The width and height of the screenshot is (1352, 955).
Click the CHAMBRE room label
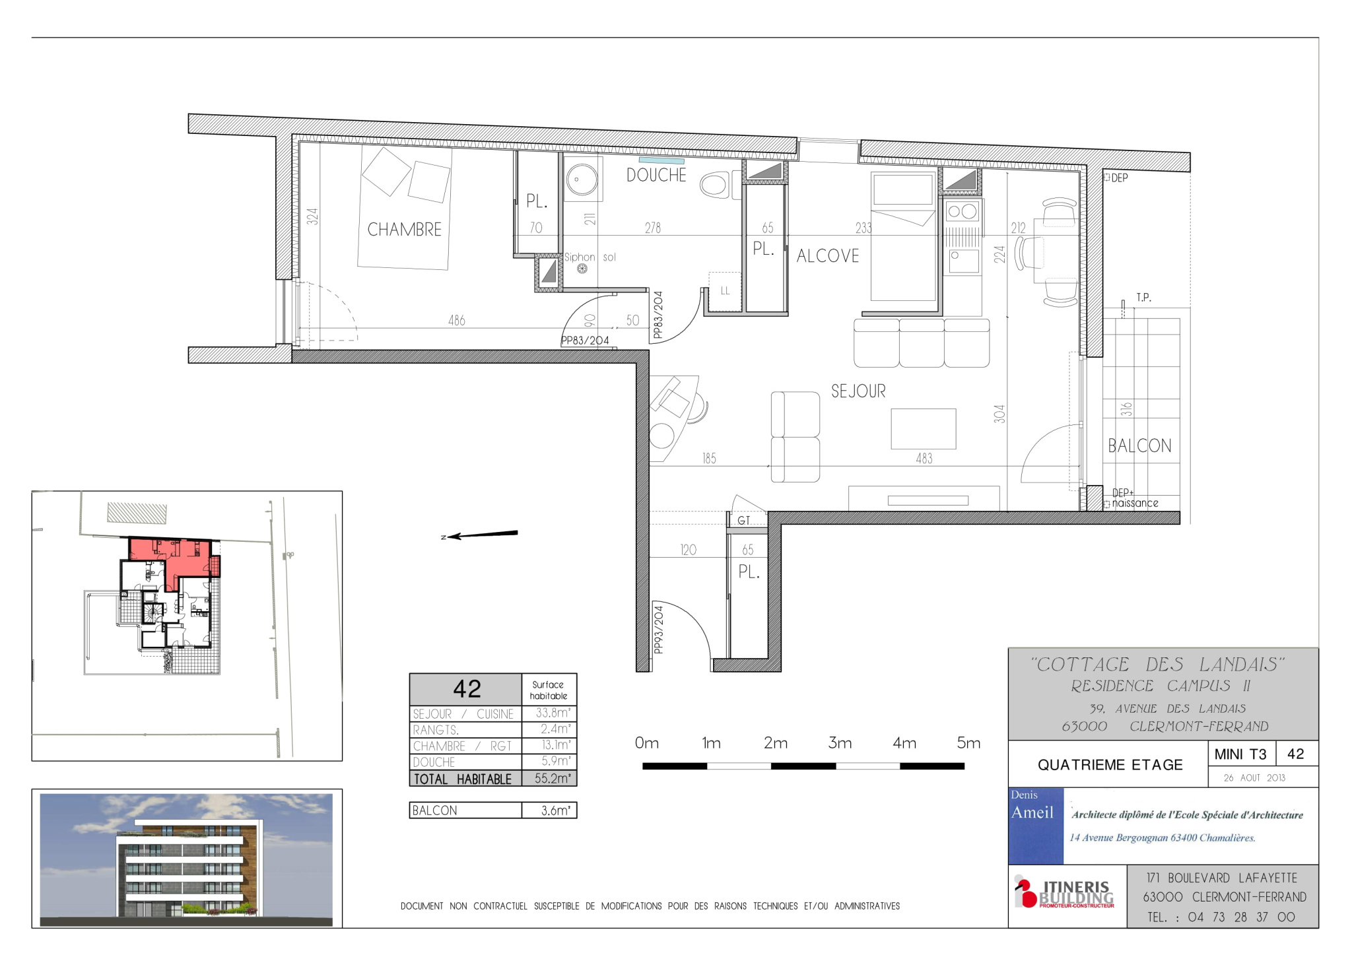(x=404, y=230)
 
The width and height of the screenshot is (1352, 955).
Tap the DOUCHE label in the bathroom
(x=656, y=175)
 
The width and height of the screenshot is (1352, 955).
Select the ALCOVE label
(x=828, y=256)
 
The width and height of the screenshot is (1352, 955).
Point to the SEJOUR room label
(x=858, y=391)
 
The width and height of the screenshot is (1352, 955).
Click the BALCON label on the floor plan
(x=1139, y=446)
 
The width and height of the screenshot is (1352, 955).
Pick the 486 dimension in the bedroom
(x=457, y=321)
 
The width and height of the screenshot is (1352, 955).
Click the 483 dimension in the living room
(x=924, y=459)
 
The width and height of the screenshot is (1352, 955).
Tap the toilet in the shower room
(x=716, y=185)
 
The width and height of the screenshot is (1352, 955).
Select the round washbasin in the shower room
(x=582, y=179)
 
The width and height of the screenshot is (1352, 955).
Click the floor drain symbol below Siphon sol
(x=582, y=269)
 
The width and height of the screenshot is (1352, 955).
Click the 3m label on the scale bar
(x=840, y=743)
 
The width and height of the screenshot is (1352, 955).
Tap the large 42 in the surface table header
(x=467, y=689)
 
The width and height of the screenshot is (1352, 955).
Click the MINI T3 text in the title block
(x=1240, y=754)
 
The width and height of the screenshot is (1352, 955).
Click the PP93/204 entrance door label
(x=658, y=630)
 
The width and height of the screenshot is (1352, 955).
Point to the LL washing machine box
(x=725, y=291)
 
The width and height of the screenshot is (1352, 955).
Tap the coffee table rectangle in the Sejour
(x=924, y=429)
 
